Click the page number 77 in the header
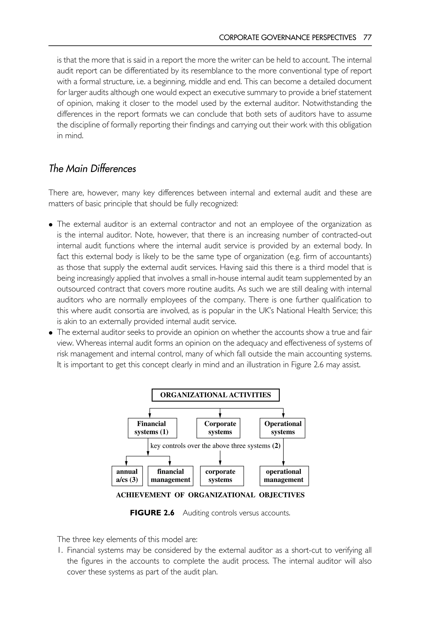367,37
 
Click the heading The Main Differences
92,169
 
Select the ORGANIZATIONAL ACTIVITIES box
215,395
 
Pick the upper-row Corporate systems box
218,428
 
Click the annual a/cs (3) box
127,476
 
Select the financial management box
171,476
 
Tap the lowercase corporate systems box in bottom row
222,476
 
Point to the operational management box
284,476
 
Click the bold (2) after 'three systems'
276,446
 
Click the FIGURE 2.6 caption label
152,513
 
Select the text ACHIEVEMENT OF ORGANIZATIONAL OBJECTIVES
210,495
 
